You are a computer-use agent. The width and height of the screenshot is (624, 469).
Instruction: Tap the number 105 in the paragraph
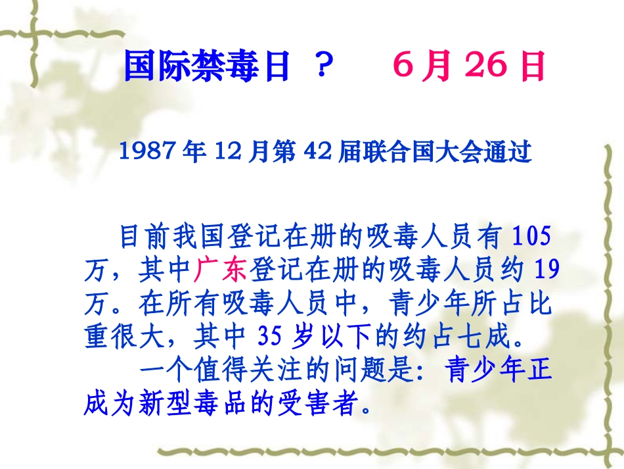click(531, 234)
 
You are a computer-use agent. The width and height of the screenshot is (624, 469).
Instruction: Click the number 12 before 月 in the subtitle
click(223, 153)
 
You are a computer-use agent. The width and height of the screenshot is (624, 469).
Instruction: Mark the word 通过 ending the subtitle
click(512, 153)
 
